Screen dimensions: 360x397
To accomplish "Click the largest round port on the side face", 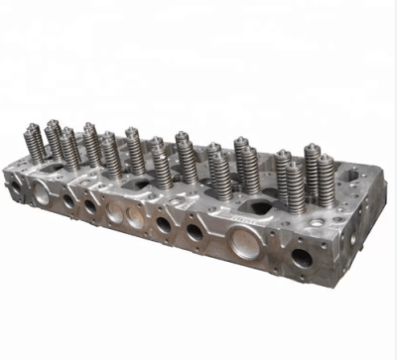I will (x=246, y=241).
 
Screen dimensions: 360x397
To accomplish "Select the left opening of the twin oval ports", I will (x=115, y=211).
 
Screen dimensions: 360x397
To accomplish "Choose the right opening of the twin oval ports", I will (x=135, y=218).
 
